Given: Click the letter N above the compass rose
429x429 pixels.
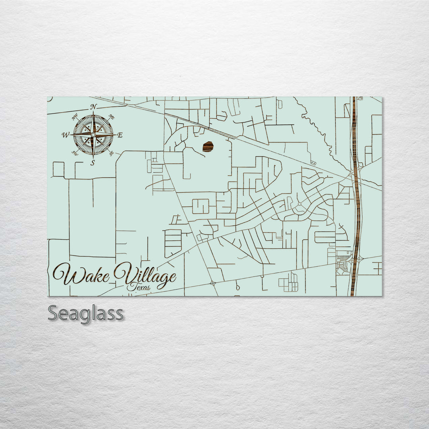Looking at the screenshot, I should (94, 106).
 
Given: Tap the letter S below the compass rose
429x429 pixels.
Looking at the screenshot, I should (93, 162).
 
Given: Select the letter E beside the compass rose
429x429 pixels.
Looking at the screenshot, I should (120, 135).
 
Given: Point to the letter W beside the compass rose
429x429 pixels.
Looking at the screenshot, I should (65, 135).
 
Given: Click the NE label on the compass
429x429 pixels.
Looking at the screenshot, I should (112, 117).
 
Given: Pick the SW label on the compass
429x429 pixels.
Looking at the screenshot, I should (75, 153).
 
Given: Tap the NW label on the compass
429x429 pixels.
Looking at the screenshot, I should (75, 117).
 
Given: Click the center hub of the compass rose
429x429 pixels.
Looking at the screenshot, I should (93, 135).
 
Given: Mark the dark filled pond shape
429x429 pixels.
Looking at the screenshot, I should (208, 147).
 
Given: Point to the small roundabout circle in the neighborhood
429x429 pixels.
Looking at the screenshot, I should (299, 204).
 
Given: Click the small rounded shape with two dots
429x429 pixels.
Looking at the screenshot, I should (313, 163).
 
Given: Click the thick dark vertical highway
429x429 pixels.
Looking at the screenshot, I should (356, 199).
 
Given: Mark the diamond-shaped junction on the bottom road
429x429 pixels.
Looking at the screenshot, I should (213, 284).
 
